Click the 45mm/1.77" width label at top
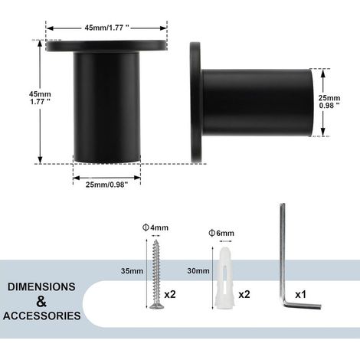tap(106, 28)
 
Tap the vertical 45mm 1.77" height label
tap(40, 98)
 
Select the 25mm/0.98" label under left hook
tap(106, 185)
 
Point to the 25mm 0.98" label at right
tap(329, 102)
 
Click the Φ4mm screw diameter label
tap(155, 227)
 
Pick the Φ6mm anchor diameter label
tap(221, 233)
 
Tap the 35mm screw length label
tap(132, 271)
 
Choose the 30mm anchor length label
tap(198, 271)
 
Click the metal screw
tap(156, 274)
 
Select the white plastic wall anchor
tap(224, 278)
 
